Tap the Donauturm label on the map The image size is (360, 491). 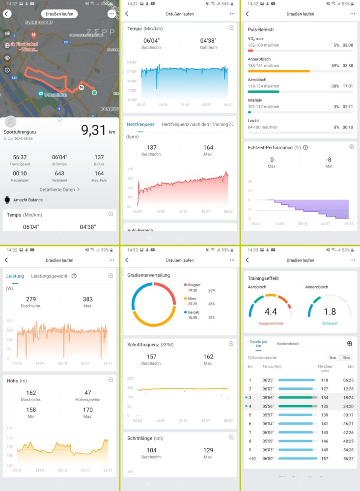click(55, 94)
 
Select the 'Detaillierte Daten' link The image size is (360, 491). click(59, 189)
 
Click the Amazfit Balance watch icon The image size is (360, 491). click(7, 200)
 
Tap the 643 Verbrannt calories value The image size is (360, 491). click(59, 173)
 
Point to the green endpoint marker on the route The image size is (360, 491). click(94, 92)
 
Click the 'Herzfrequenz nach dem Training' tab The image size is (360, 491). click(194, 124)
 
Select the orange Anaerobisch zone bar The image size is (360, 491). click(278, 71)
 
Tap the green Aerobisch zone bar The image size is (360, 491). click(263, 91)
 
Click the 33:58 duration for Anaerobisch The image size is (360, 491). click(347, 65)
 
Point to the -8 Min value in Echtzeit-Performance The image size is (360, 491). click(329, 160)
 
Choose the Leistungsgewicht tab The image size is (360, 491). click(49, 276)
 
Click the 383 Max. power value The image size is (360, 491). click(87, 299)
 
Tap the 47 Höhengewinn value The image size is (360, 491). click(87, 393)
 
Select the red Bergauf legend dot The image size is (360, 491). click(186, 285)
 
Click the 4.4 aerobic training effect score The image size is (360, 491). click(271, 311)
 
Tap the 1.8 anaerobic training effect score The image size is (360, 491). click(330, 311)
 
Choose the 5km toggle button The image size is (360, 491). click(346, 357)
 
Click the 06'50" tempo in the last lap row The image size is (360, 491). click(268, 459)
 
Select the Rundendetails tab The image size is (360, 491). click(288, 344)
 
